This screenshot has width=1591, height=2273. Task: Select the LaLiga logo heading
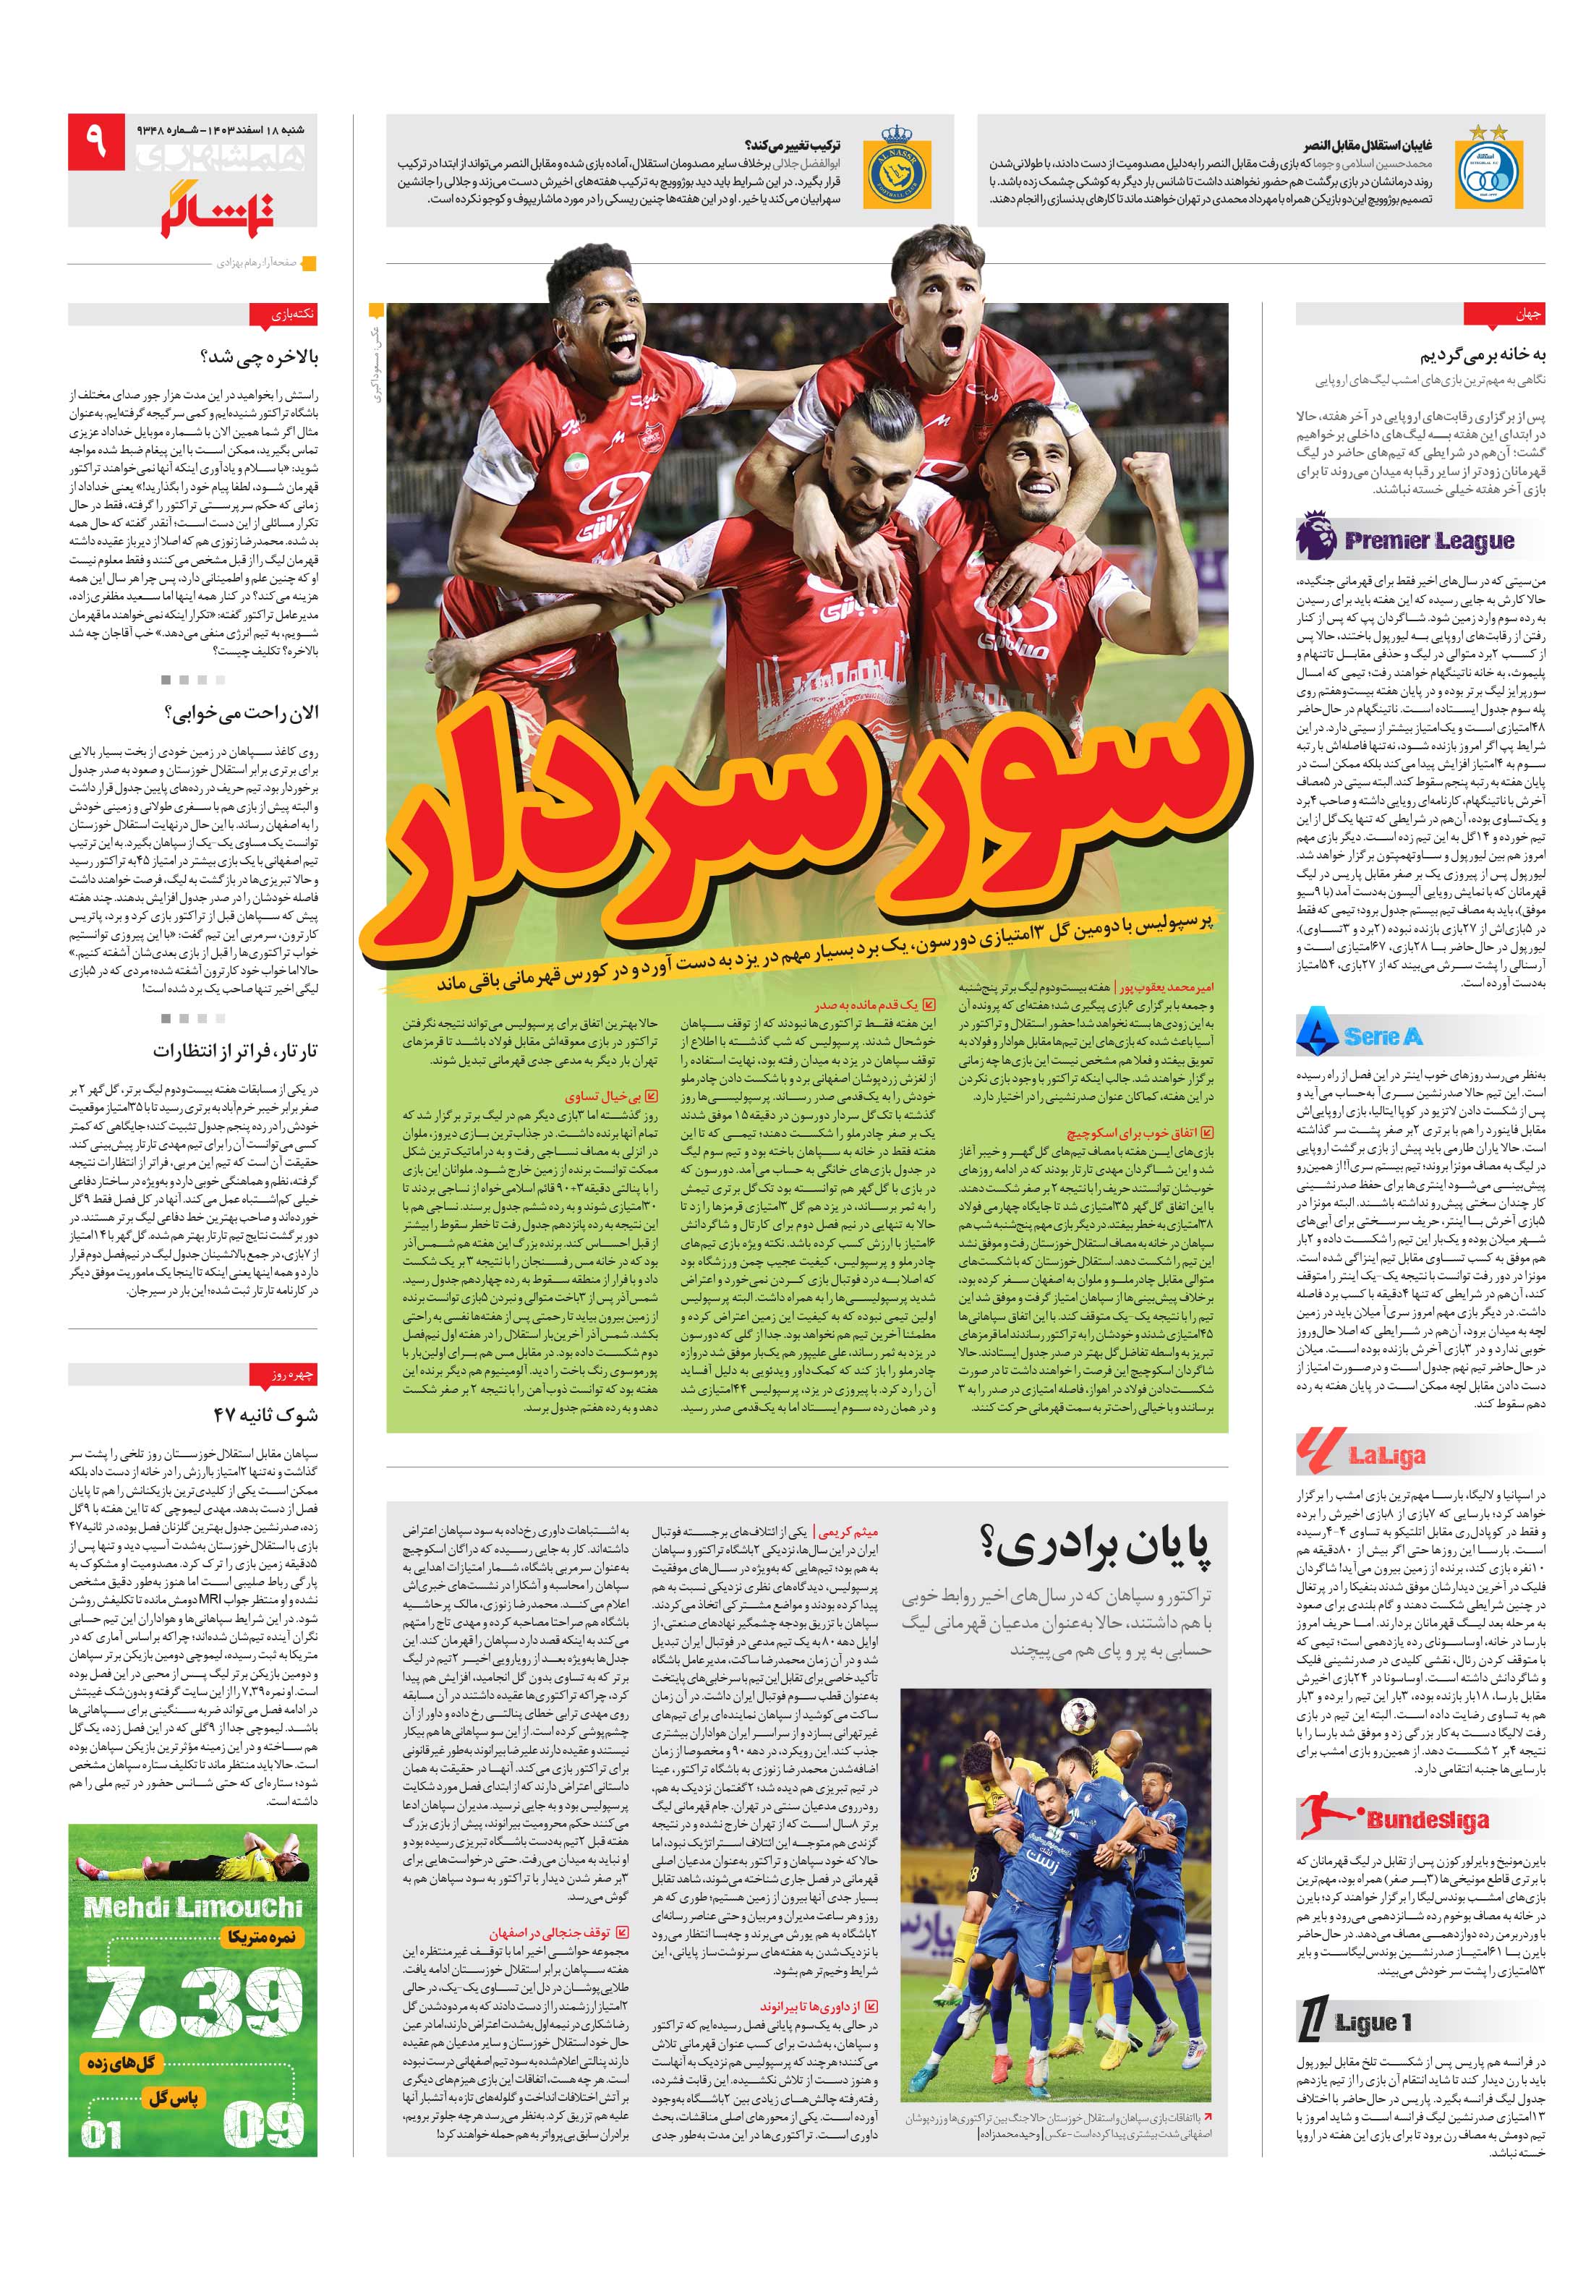[1360, 1452]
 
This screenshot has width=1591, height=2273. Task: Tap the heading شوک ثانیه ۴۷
[265, 1415]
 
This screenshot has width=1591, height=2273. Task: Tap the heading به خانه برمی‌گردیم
[1482, 355]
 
